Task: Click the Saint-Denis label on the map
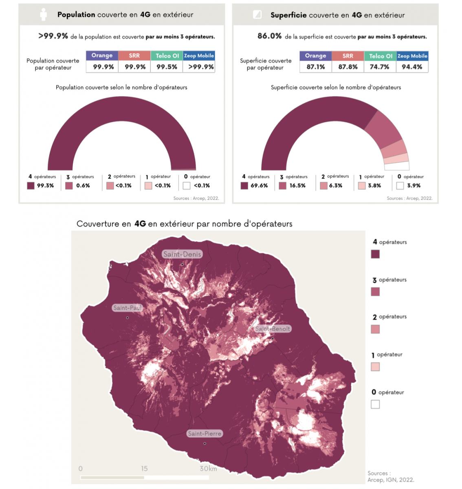182,254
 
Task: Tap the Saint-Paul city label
127,308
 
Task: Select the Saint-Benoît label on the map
273,329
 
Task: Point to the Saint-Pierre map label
205,434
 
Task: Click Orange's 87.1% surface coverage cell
316,67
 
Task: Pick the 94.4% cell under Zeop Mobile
412,67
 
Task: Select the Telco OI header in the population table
167,56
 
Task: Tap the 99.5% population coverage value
167,67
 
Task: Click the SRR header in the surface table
348,56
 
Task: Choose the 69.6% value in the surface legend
259,185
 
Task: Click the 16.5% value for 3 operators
297,185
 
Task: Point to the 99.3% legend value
45,185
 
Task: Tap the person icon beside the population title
44,15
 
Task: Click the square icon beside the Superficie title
257,15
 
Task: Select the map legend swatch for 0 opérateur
375,404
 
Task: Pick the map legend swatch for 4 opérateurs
375,254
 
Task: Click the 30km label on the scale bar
208,469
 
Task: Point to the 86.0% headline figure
269,36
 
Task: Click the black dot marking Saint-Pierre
205,443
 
